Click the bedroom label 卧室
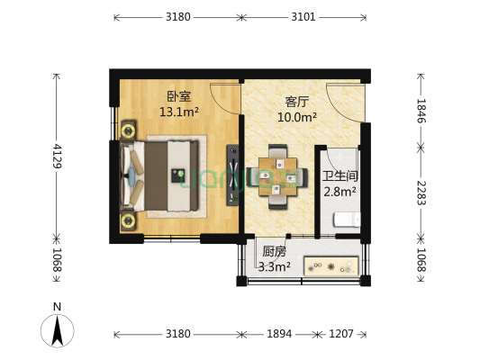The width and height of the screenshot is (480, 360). pyautogui.click(x=177, y=97)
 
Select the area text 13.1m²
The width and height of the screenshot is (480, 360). pyautogui.click(x=178, y=112)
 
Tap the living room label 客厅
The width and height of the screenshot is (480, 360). pyautogui.click(x=298, y=102)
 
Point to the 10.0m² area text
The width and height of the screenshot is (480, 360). pyautogui.click(x=298, y=117)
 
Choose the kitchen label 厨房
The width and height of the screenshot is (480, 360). pyautogui.click(x=275, y=252)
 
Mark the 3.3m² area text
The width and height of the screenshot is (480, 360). pyautogui.click(x=275, y=266)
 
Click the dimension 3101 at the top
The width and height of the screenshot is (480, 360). pyautogui.click(x=303, y=15)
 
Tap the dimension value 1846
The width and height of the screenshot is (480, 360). pyautogui.click(x=421, y=112)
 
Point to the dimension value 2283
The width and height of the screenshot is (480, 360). pyautogui.click(x=421, y=191)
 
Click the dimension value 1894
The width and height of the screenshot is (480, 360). pyautogui.click(x=279, y=334)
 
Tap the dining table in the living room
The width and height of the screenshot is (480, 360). pyautogui.click(x=277, y=175)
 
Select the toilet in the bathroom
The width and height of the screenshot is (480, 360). pyautogui.click(x=348, y=220)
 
